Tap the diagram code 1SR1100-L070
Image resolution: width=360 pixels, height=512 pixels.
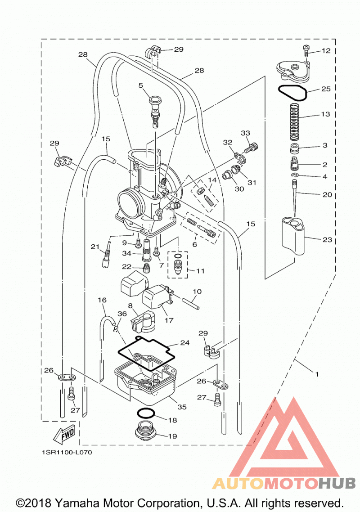(x=67, y=452)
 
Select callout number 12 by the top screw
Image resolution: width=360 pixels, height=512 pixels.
(x=326, y=50)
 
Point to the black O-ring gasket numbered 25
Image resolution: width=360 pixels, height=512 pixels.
(x=292, y=92)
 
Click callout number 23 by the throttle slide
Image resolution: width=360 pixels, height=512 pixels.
(x=327, y=240)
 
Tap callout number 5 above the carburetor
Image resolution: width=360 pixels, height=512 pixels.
(x=141, y=85)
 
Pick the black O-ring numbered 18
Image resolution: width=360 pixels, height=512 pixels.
(x=146, y=413)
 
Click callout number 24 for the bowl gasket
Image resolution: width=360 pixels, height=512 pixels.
(x=185, y=343)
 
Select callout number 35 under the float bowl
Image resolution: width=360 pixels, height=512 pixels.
(x=182, y=407)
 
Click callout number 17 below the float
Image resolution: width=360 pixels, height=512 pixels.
(x=169, y=320)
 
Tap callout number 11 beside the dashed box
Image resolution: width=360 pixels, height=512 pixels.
(x=200, y=271)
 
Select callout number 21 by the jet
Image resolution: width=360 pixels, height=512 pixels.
(x=95, y=247)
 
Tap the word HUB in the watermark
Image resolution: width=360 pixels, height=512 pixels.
(x=337, y=483)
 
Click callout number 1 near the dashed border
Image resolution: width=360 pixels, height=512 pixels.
(x=316, y=374)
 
